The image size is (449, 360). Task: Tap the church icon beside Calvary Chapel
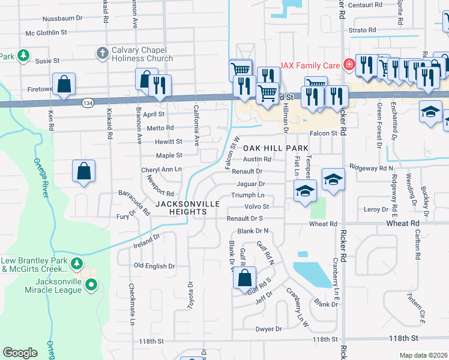tap(101, 53)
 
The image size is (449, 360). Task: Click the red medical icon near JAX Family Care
tap(347, 64)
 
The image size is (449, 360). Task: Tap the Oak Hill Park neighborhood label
tap(276, 148)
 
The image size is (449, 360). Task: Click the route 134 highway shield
tap(88, 103)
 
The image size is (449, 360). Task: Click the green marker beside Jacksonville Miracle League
tap(91, 284)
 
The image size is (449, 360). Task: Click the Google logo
tap(20, 352)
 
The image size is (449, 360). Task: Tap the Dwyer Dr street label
tap(268, 329)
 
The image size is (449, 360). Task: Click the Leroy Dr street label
tap(376, 209)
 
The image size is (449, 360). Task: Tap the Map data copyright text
tap(423, 355)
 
